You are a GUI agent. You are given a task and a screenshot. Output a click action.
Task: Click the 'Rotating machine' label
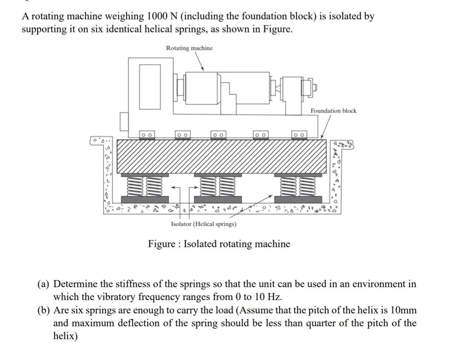[189, 48]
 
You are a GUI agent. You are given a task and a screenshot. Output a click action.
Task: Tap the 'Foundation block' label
[333, 111]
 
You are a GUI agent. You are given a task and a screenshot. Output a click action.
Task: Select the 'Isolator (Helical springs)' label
[204, 224]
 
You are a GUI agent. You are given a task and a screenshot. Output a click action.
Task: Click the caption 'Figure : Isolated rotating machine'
[219, 244]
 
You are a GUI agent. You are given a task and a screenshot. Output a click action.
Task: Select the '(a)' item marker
[43, 284]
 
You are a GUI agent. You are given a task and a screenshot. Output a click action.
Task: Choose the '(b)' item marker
[43, 310]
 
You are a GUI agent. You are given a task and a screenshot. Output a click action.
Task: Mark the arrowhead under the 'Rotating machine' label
[202, 69]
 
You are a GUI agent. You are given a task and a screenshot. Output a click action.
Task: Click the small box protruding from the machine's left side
[124, 121]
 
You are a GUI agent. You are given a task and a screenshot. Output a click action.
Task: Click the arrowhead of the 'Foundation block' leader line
[323, 137]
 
